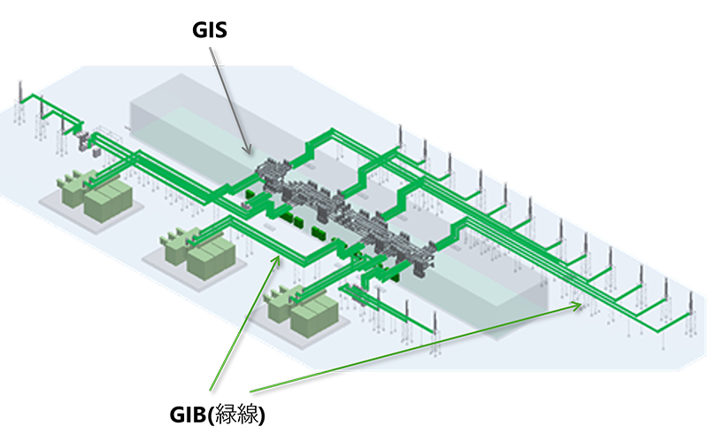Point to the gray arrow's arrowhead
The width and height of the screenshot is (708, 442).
pos(251,151)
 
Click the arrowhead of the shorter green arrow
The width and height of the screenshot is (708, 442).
pos(280,256)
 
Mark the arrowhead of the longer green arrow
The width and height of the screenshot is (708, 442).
pos(581,305)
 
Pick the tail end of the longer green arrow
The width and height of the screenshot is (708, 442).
pos(251,390)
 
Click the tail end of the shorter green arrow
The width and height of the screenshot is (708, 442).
pos(211,389)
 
